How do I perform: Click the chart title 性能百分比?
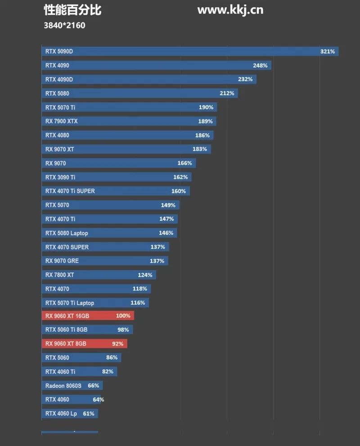click(72, 10)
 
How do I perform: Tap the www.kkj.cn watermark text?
click(230, 10)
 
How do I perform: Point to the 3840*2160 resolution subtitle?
click(64, 25)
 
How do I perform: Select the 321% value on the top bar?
click(327, 51)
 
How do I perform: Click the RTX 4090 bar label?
click(57, 65)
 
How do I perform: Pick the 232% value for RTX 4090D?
click(245, 79)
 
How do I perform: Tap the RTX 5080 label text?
click(57, 93)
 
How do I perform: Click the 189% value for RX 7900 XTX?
click(205, 121)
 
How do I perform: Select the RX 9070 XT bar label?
click(59, 149)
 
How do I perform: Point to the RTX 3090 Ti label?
click(60, 177)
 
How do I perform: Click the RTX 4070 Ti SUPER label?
click(70, 191)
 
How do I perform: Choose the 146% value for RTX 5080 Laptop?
click(166, 233)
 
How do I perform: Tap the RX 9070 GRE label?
click(62, 261)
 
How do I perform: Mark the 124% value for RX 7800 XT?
click(145, 275)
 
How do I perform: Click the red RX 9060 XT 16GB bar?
click(88, 316)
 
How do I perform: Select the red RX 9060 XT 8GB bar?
click(85, 344)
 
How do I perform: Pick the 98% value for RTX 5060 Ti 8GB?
click(123, 330)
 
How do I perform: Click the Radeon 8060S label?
click(63, 386)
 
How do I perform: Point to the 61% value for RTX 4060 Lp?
click(89, 414)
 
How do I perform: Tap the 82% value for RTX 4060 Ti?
click(108, 372)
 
